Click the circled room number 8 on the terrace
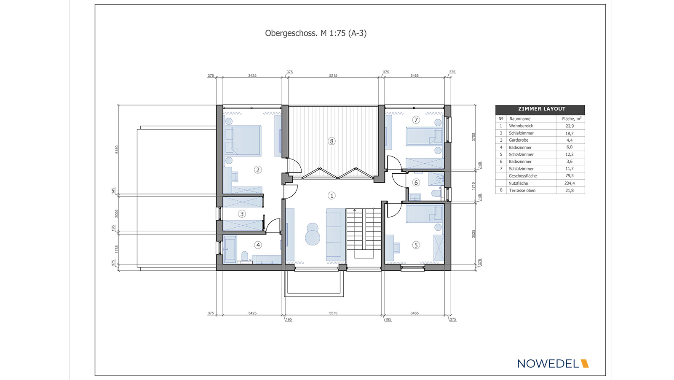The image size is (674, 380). pos(332,141)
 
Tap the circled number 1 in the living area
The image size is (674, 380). pos(332,196)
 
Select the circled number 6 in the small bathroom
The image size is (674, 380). pos(416,182)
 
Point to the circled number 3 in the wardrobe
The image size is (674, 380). pos(242,214)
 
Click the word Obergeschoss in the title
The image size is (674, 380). pos(290,33)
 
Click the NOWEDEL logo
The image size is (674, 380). pos(553,364)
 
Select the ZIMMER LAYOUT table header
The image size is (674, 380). pos(540,109)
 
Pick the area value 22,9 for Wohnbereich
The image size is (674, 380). pos(569,126)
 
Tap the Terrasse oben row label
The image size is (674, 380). pos(522,191)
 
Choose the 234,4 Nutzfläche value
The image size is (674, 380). pos(569,183)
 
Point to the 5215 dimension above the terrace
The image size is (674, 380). pos(333,75)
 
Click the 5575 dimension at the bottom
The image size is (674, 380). pos(333,313)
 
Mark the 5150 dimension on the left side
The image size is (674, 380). pos(117,149)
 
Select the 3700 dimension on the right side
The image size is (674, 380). pos(473,137)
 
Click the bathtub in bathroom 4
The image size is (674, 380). pos(230,249)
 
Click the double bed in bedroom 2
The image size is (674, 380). pos(243,141)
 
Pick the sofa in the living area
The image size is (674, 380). pos(335,234)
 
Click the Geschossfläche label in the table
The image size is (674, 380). pos(523,176)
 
